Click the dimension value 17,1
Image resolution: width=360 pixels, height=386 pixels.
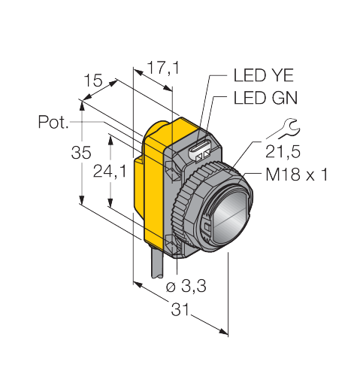click(x=163, y=68)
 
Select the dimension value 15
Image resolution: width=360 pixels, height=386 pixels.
click(x=93, y=81)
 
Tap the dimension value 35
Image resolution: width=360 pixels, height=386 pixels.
click(x=81, y=152)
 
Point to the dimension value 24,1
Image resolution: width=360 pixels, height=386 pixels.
click(x=110, y=172)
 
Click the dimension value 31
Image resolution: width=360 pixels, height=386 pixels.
click(x=180, y=309)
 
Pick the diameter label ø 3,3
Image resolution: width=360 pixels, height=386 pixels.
click(x=186, y=286)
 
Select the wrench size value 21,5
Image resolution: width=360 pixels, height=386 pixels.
click(x=283, y=151)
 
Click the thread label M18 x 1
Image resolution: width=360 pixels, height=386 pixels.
click(x=297, y=175)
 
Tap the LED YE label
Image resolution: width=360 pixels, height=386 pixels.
click(x=263, y=75)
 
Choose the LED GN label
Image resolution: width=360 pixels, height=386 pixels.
click(x=265, y=98)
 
